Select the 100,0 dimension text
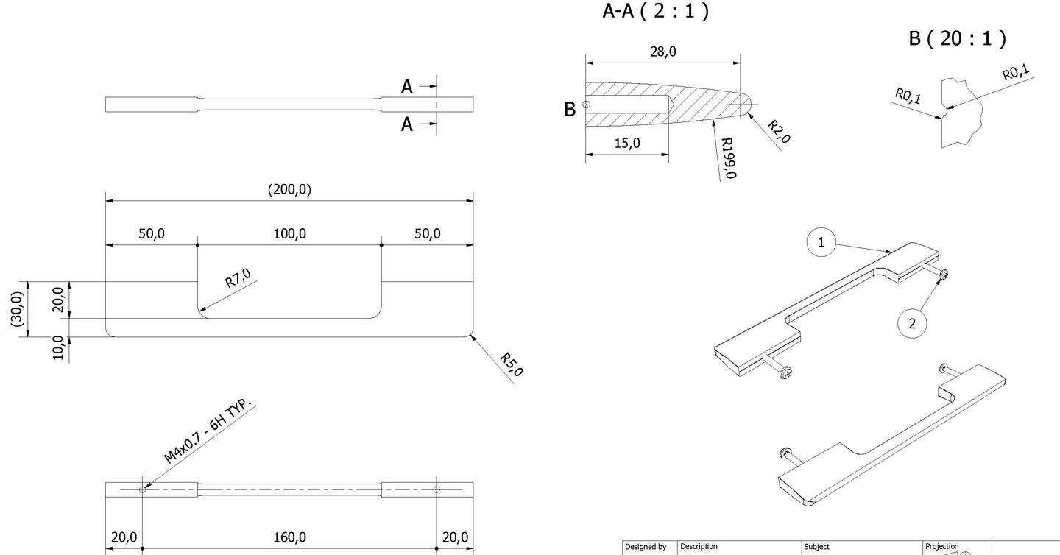pos(289,234)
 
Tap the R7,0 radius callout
pos(238,280)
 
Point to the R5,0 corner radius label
pos(511,364)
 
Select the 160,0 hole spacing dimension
pos(289,537)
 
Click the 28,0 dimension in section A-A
pos(662,52)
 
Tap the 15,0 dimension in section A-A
pos(627,143)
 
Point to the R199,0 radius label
pos(728,158)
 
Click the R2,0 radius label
pos(779,132)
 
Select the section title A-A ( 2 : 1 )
pos(656,12)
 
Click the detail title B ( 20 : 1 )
pos(957,38)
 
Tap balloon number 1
pos(821,242)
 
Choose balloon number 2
pos(913,323)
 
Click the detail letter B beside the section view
pos(569,109)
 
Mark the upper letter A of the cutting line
pos(407,87)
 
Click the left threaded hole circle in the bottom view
pos(143,489)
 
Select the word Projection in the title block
pos(941,546)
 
